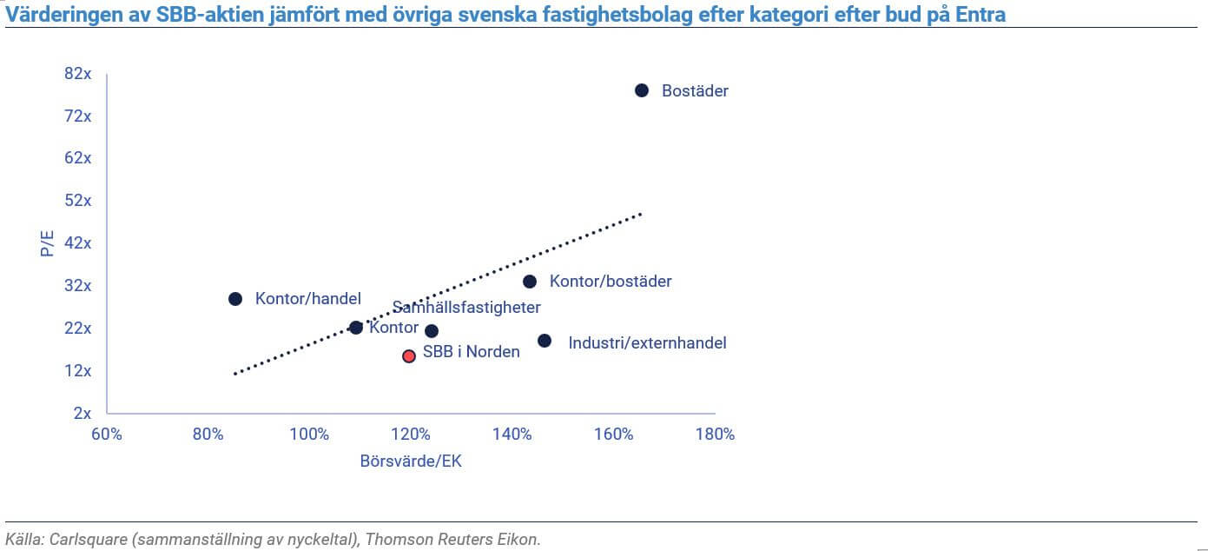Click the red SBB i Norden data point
[x=409, y=355]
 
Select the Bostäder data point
[x=642, y=90]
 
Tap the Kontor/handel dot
[x=235, y=299]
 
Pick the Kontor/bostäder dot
[x=530, y=282]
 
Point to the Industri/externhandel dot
[x=545, y=341]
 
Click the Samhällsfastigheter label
[x=466, y=308]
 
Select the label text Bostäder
[x=695, y=90]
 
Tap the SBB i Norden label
[x=471, y=352]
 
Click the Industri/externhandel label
[x=647, y=342]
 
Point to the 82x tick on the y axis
[x=78, y=74]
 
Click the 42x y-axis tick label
[x=78, y=243]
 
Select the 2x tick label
[x=83, y=414]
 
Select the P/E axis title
[x=47, y=242]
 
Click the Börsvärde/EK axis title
[x=411, y=461]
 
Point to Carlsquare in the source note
[x=78, y=539]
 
